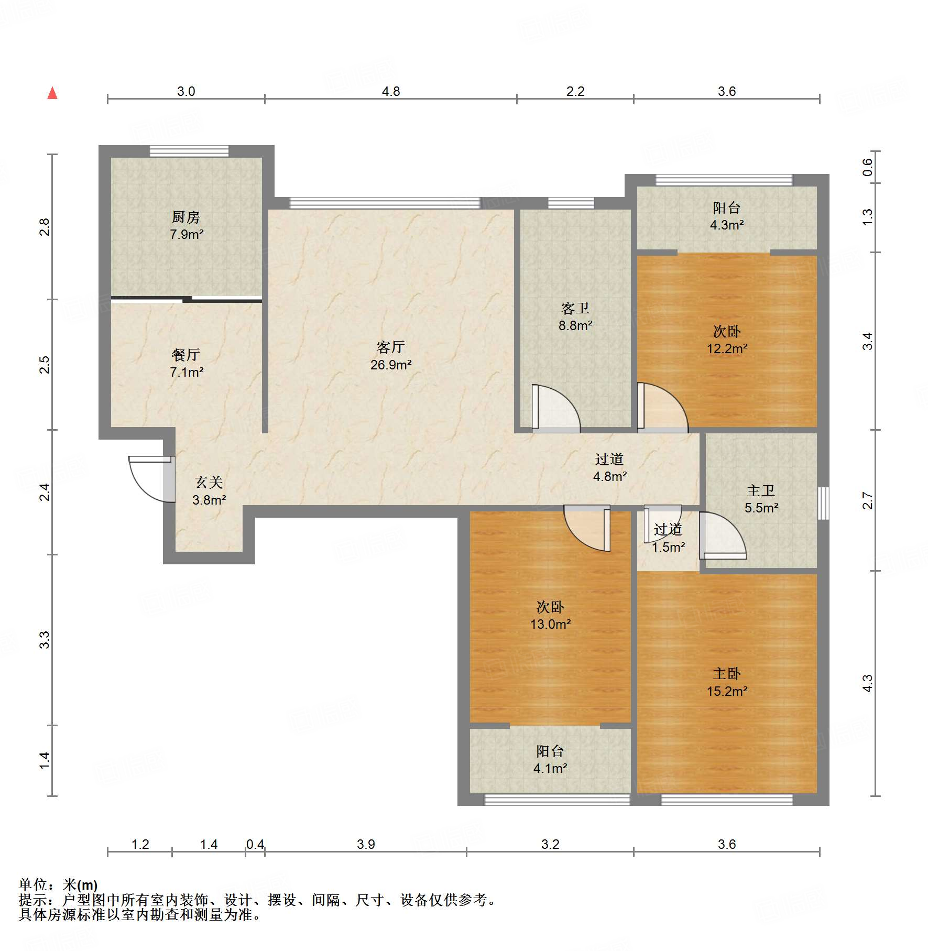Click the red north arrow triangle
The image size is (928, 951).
[x=52, y=93]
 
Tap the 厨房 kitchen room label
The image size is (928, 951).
[x=186, y=217]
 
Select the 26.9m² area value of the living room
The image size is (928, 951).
[x=391, y=365]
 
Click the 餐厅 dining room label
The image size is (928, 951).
[x=186, y=355]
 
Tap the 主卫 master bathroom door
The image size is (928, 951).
[x=723, y=535]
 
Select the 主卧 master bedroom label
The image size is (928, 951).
[x=727, y=673]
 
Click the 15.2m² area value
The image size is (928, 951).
[x=727, y=691]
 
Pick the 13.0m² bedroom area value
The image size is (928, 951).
[x=550, y=624]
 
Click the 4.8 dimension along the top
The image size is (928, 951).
[x=391, y=91]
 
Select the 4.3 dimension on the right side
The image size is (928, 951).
[x=868, y=683]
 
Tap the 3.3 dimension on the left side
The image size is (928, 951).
[x=45, y=640]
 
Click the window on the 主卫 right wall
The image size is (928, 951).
[x=823, y=503]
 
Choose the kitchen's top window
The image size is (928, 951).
[x=189, y=151]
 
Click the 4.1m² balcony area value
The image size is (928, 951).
[x=550, y=768]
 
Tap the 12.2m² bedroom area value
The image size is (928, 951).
[x=727, y=348]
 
